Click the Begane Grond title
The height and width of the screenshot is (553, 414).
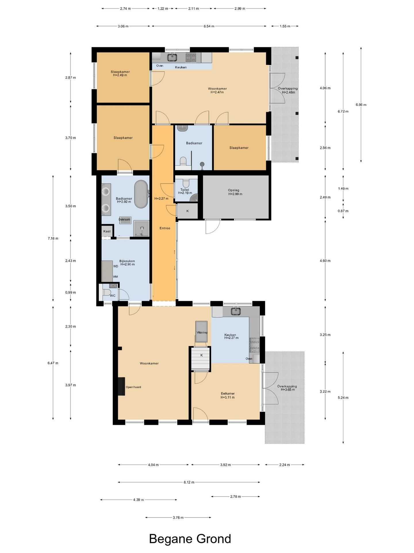pos(190,539)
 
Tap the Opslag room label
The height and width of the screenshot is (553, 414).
pos(233,190)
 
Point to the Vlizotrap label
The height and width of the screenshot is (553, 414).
pos(202,332)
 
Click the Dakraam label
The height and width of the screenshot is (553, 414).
pos(124,219)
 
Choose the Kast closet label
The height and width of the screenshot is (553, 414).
pos(107,231)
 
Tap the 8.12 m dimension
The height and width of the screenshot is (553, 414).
pos(189,482)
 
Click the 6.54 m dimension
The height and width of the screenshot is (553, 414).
pos(209,26)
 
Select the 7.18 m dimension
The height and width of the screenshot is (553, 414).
pos(53,238)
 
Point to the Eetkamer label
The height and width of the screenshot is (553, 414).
pos(228,393)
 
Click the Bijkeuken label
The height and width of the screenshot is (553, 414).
pos(127,261)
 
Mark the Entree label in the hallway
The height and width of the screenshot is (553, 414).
pos(165,228)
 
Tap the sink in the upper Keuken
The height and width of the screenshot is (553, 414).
pos(172,57)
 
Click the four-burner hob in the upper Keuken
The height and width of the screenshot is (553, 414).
pos(191,58)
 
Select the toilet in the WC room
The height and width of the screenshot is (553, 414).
pos(106,292)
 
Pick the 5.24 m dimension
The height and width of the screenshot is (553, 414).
pos(343,397)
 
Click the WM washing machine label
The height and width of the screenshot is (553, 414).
pos(115,277)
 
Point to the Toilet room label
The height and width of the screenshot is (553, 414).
pos(185,190)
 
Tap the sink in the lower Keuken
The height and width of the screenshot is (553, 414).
pos(236,311)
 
